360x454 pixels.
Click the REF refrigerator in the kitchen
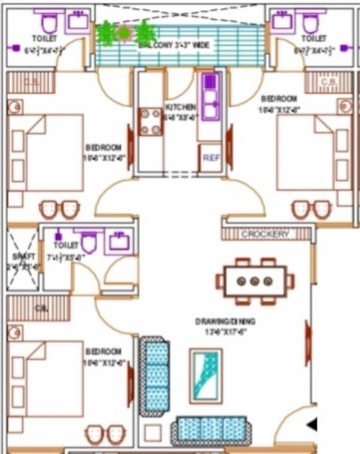click(211, 159)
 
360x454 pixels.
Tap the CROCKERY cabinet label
click(265, 235)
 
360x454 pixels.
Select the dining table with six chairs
click(254, 281)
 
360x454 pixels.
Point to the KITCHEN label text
click(180, 107)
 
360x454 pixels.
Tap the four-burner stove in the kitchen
click(150, 120)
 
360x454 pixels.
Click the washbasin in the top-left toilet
click(78, 20)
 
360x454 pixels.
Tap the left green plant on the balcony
click(106, 33)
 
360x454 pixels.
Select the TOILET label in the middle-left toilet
click(67, 245)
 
